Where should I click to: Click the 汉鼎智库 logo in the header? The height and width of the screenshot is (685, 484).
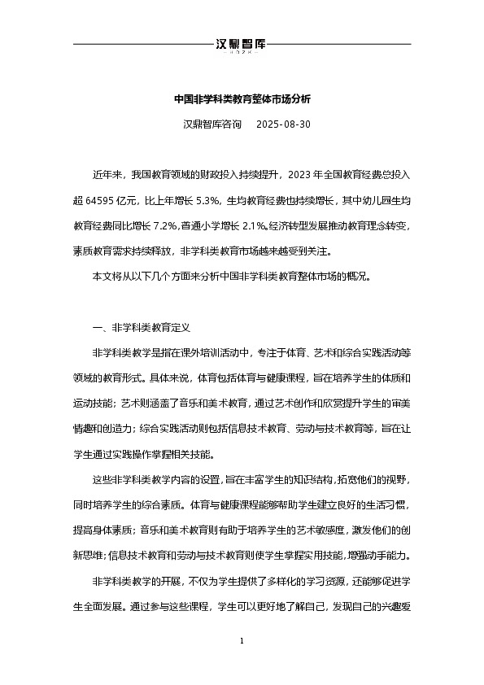[x=242, y=46]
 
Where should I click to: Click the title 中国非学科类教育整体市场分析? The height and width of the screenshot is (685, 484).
[x=242, y=99]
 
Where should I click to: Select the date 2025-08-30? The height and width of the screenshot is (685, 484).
[x=283, y=125]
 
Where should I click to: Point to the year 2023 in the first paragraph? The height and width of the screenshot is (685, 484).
[x=300, y=173]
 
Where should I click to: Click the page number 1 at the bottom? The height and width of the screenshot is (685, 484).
[x=242, y=642]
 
